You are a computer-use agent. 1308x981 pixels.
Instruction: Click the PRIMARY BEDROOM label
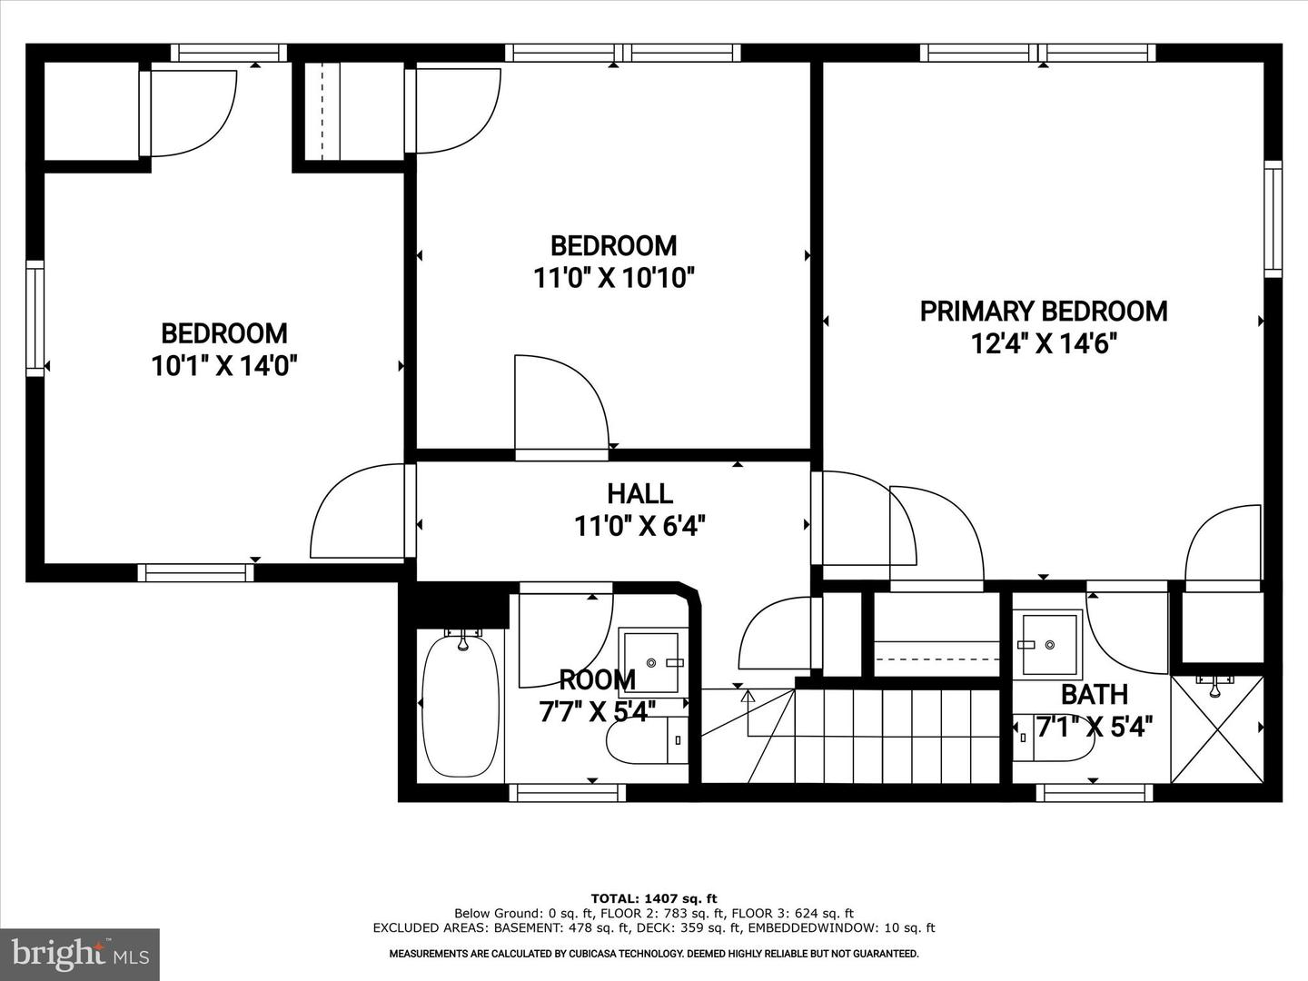(x=1044, y=312)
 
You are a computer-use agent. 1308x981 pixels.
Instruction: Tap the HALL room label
(x=640, y=494)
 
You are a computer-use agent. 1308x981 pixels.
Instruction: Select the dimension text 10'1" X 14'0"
(x=224, y=366)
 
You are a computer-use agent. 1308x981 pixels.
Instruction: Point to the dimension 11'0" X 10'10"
(x=614, y=278)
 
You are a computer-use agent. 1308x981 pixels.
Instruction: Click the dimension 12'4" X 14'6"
(x=1044, y=343)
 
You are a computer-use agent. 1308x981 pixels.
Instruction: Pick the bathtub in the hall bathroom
(x=461, y=706)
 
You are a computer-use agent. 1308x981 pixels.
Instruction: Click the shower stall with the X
(x=1217, y=729)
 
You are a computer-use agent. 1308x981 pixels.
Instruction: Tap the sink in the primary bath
(x=1047, y=644)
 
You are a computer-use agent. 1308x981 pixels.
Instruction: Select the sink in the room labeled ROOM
(x=653, y=662)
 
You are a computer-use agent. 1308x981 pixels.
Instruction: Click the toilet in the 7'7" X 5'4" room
(x=647, y=740)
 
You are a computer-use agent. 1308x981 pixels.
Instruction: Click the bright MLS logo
(x=80, y=954)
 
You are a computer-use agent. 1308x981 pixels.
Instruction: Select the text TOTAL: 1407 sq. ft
(x=654, y=898)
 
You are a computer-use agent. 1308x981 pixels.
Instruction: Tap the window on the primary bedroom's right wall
(x=1273, y=219)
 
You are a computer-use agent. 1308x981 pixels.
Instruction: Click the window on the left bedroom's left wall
(x=35, y=319)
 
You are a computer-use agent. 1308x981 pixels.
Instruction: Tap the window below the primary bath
(x=1095, y=793)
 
